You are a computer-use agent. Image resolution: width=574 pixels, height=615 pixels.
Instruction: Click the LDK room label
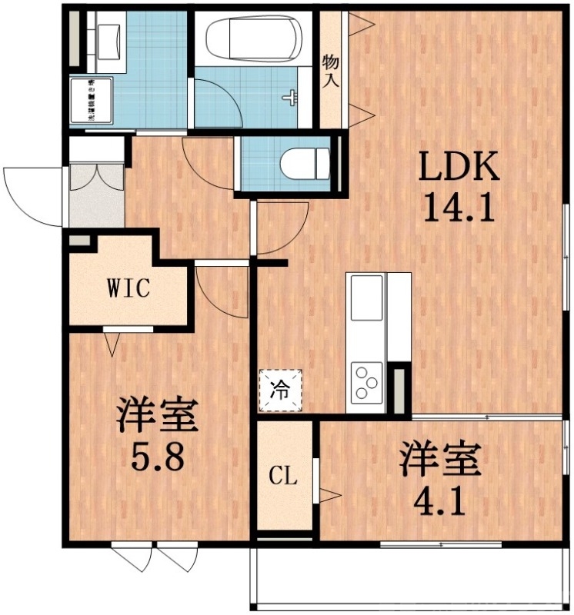pyautogui.click(x=459, y=167)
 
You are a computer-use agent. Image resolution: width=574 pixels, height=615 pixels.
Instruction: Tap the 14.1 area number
pyautogui.click(x=459, y=208)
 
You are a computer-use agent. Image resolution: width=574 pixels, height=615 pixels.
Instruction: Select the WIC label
pyautogui.click(x=127, y=290)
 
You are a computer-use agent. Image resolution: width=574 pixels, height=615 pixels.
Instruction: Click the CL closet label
pyautogui.click(x=283, y=477)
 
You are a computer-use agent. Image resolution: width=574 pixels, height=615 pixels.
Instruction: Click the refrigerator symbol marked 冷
pyautogui.click(x=282, y=391)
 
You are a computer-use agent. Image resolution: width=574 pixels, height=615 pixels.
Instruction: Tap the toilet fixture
pyautogui.click(x=303, y=164)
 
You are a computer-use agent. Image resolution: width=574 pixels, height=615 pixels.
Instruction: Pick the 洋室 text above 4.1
pyautogui.click(x=439, y=460)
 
